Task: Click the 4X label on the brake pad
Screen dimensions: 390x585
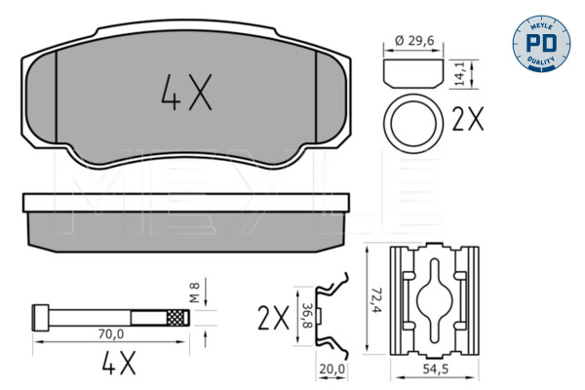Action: click(184, 94)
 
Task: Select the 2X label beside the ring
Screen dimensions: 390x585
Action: click(468, 120)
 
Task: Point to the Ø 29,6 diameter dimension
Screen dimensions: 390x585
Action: click(407, 41)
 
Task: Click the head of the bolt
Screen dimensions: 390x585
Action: click(40, 317)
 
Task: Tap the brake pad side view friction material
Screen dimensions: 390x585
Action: click(185, 226)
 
